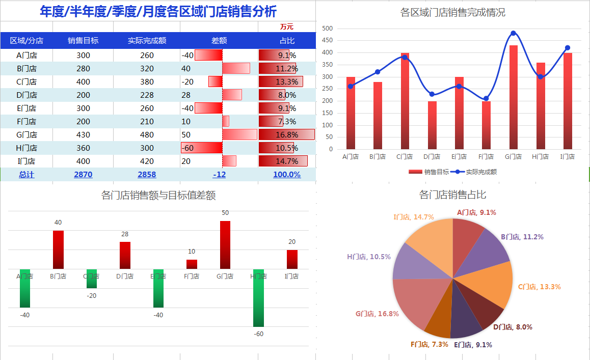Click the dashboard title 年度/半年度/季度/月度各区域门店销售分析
point(158,11)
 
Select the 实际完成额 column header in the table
point(147,41)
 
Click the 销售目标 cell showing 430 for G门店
point(83,135)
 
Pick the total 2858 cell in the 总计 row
point(147,174)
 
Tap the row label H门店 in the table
point(26,148)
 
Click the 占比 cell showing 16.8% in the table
point(286,135)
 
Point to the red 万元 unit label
point(286,26)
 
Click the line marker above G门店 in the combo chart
point(513,34)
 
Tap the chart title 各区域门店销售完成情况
point(452,13)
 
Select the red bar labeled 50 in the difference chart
point(225,244)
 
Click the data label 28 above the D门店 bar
point(125,234)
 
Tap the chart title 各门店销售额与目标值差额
point(158,196)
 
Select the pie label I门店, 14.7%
point(414,217)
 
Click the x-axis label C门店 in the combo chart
point(405,157)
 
